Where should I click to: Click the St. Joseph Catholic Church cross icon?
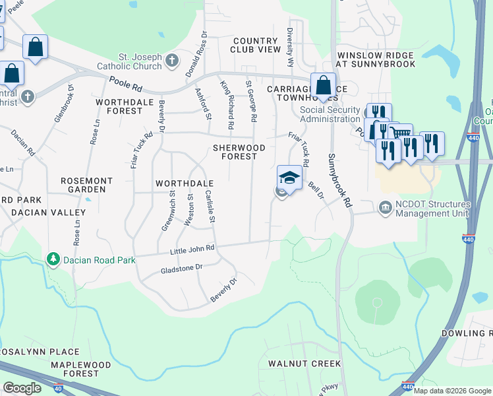coord(172,61)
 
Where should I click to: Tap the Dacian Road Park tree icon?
coord(53,259)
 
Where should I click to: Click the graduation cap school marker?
coord(289,178)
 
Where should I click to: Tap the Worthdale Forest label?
coord(119,106)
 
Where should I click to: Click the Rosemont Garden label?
coord(86,185)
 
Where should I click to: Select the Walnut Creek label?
coord(304,364)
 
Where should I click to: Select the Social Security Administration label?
coord(330,114)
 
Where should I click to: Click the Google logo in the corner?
coord(22,388)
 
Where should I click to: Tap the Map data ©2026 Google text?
coord(452,391)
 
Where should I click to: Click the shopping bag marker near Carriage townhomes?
coord(323,85)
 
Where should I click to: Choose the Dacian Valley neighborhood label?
coord(49,213)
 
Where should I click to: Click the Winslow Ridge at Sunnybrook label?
coord(376,59)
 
